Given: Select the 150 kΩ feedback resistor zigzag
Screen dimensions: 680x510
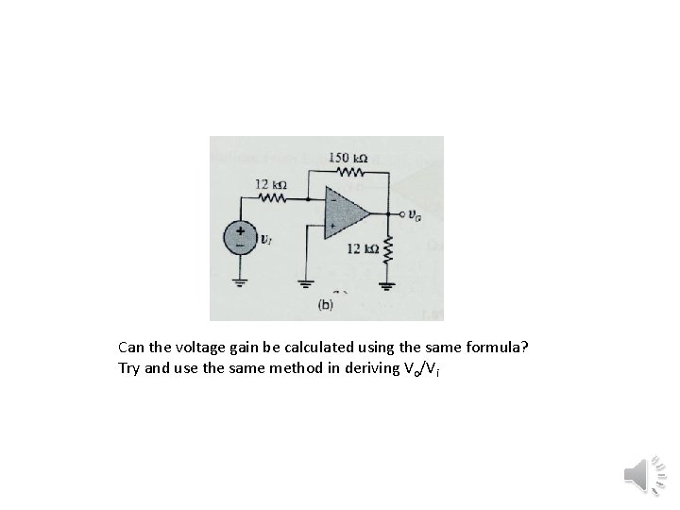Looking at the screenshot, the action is pos(349,172).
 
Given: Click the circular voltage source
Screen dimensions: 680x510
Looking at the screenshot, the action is pos(240,236).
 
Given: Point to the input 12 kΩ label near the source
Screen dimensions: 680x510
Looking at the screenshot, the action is pos(271,182).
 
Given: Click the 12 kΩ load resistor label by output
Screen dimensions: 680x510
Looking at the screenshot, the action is pos(362,248).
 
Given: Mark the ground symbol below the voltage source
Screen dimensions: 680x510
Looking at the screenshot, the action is pos(240,280).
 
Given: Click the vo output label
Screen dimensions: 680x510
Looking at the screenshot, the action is pos(416,215).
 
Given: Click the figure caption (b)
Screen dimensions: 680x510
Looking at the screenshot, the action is pos(325,304).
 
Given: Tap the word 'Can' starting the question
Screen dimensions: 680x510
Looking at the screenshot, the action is pos(132,348).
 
